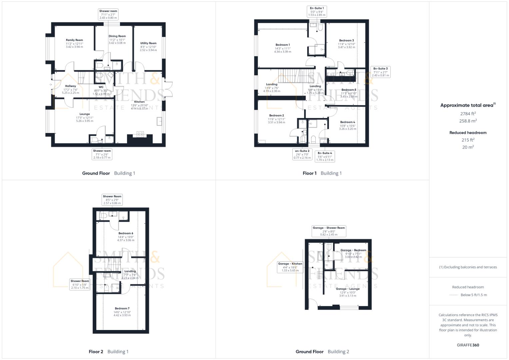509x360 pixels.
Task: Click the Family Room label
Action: coord(74,40)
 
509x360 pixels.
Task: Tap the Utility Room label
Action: coord(148,43)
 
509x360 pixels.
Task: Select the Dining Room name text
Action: coord(117,36)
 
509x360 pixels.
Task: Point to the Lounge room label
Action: coord(85,114)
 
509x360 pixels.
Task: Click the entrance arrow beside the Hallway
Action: coord(51,85)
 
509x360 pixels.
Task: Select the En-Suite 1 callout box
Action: coord(317,12)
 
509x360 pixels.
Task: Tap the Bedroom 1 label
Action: coord(282,45)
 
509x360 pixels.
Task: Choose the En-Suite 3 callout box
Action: coord(380,72)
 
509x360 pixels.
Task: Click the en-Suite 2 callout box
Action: coord(302,154)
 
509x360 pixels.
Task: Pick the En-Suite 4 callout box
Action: coord(325,156)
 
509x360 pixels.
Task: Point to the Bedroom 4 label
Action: coord(348,122)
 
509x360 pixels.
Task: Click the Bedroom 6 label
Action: coord(126,233)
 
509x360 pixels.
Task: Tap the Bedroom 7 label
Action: coord(122,309)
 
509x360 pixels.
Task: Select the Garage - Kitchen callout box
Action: coord(290,267)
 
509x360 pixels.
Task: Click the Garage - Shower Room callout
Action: coord(329,231)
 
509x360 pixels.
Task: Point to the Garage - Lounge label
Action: coord(348,289)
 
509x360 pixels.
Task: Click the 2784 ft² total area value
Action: coord(468,114)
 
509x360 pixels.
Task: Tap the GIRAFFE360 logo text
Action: coord(468,345)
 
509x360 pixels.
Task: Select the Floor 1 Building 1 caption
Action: coord(322,173)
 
